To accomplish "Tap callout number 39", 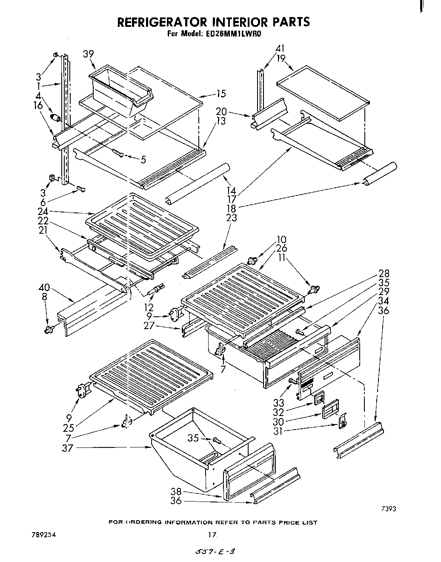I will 89,54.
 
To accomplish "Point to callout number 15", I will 221,94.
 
